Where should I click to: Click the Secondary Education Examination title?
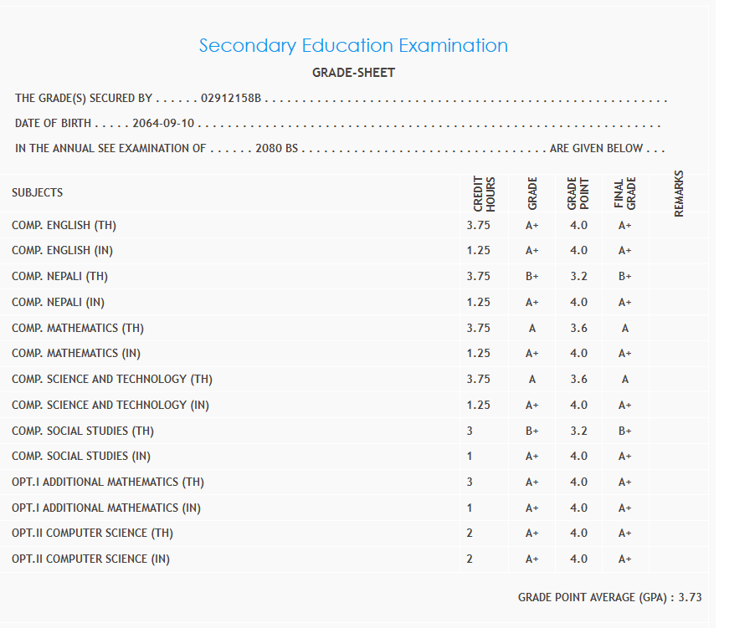coord(353,45)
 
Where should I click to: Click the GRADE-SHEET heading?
coord(353,73)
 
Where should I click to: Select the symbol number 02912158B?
coord(232,99)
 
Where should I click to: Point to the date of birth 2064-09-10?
coord(163,124)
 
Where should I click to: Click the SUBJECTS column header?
coord(37,192)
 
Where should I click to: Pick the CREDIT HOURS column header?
coord(485,193)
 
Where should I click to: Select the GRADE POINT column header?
coord(578,193)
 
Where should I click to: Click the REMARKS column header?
coord(679,193)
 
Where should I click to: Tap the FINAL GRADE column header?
coord(625,193)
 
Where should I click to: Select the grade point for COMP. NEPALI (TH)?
coord(578,276)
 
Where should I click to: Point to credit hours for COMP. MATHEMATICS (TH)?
coord(478,328)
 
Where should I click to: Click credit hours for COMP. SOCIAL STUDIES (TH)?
coord(470,431)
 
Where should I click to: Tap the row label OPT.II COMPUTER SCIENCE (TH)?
coord(92,533)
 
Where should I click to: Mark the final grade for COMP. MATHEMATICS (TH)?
coord(625,328)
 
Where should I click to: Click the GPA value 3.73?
coord(690,597)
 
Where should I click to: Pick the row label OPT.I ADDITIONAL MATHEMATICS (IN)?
coord(106,508)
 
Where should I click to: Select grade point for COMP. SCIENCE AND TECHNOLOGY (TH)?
coord(578,379)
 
